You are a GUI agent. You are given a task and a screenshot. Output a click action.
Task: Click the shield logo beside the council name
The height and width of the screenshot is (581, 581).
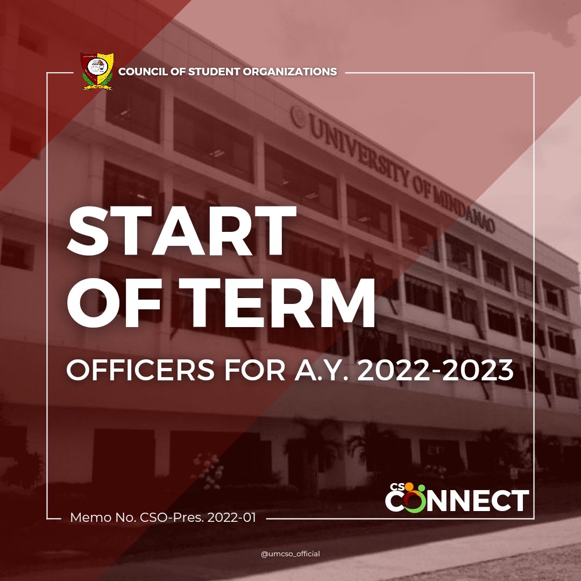[x=97, y=71]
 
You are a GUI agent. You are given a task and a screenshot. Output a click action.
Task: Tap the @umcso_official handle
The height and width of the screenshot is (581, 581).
[x=290, y=554]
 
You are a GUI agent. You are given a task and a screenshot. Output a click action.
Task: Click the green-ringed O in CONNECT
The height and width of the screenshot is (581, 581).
[x=413, y=500]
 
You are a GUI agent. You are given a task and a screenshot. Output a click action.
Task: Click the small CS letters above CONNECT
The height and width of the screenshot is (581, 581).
[x=397, y=486]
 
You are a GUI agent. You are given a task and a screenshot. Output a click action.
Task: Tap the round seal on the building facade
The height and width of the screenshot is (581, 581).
[x=297, y=116]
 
